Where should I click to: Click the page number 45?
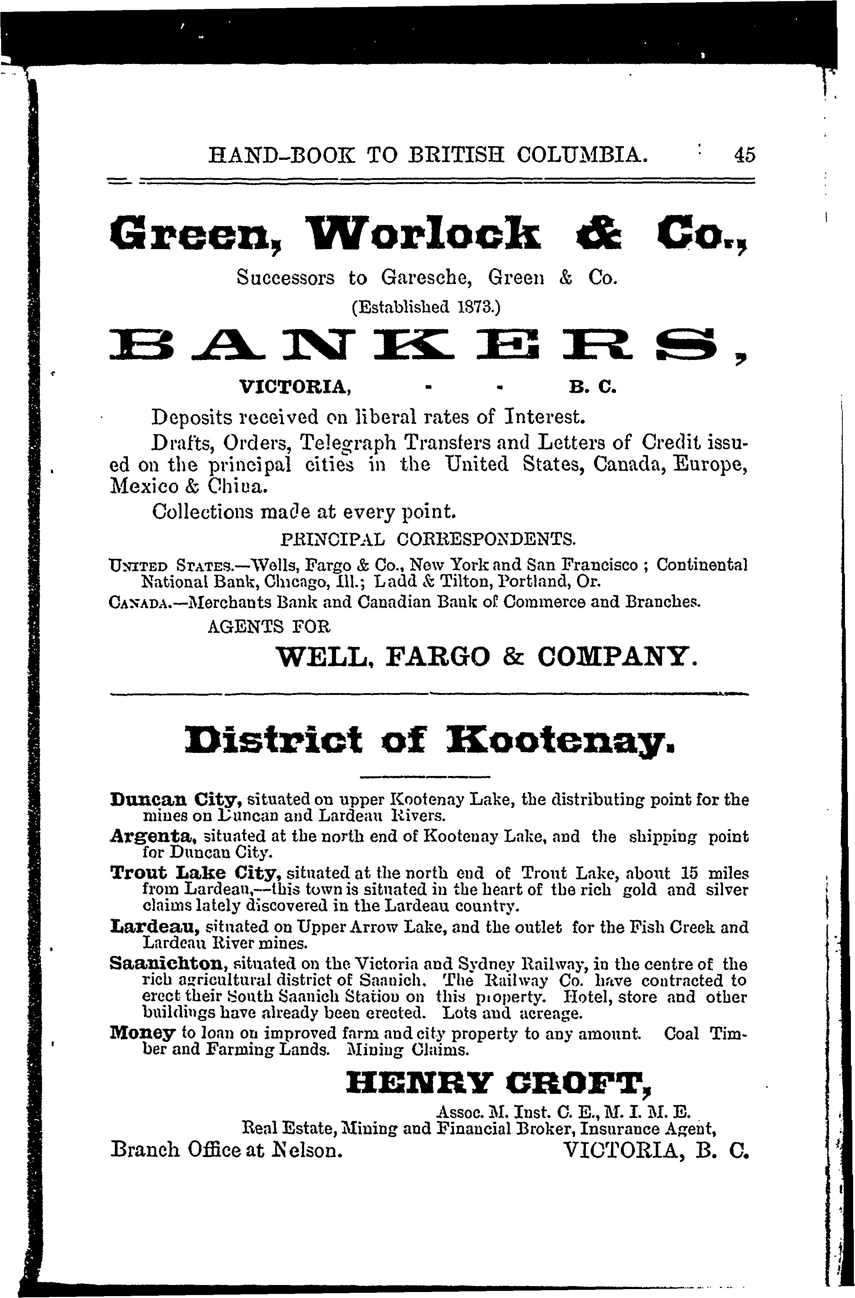tap(744, 155)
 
